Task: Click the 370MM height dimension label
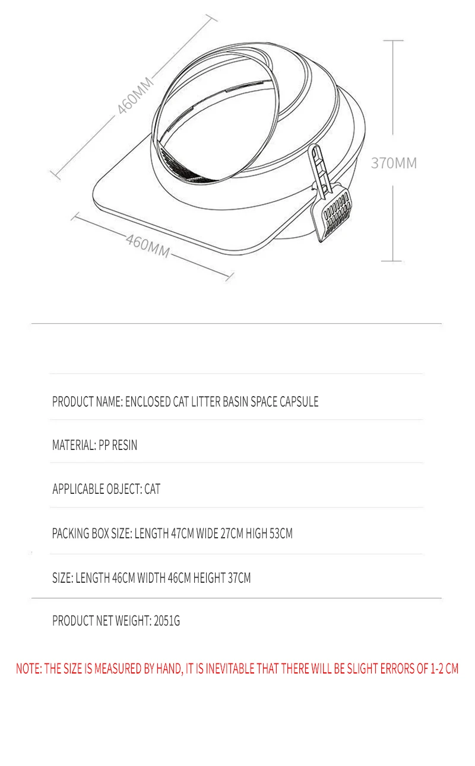pyautogui.click(x=394, y=163)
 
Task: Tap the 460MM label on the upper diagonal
pyautogui.click(x=135, y=95)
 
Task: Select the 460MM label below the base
pyautogui.click(x=148, y=245)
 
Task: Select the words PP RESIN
pyautogui.click(x=118, y=445)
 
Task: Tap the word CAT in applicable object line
pyautogui.click(x=152, y=489)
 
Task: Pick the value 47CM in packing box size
pyautogui.click(x=183, y=534)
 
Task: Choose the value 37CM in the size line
pyautogui.click(x=239, y=577)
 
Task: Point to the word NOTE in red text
pyautogui.click(x=28, y=669)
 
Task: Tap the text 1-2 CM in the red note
pyautogui.click(x=444, y=669)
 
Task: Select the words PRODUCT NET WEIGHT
pyautogui.click(x=101, y=621)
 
